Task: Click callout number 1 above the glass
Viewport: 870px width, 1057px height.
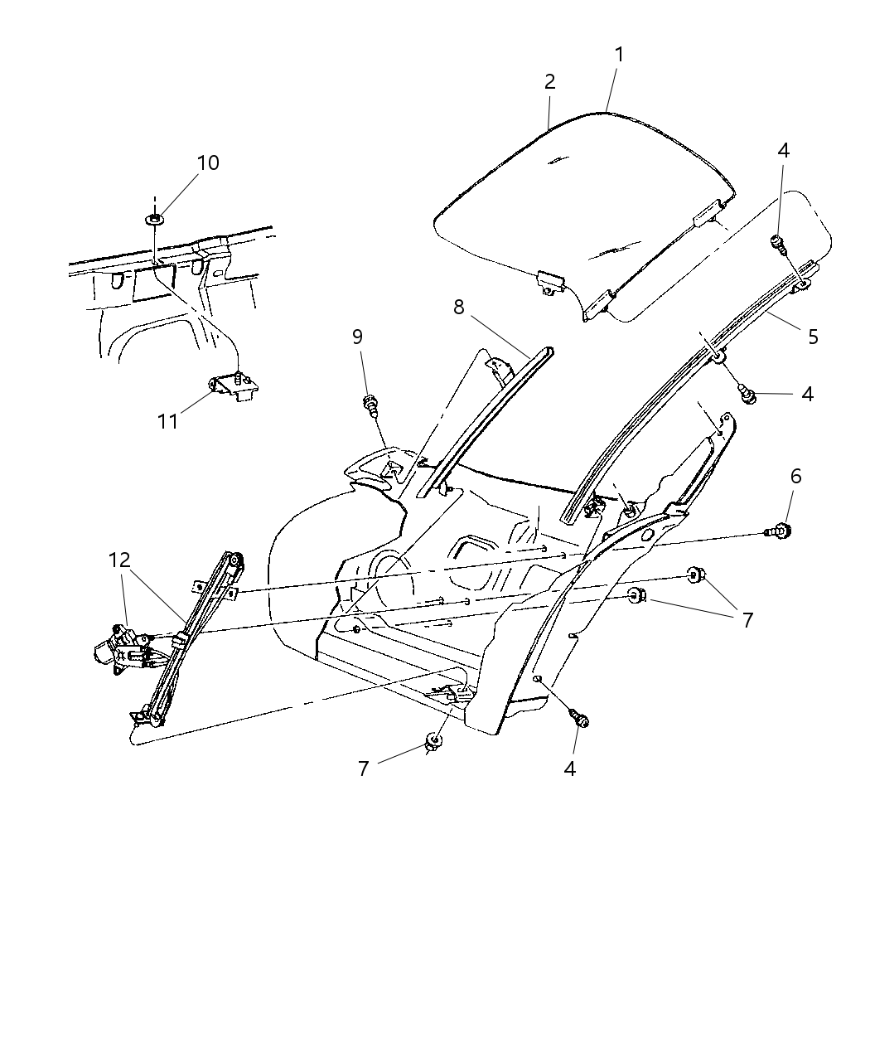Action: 619,55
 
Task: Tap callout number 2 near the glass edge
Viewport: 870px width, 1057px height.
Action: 549,82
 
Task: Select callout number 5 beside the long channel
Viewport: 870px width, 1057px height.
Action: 813,336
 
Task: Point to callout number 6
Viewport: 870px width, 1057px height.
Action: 795,476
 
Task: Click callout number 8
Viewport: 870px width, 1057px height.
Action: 458,307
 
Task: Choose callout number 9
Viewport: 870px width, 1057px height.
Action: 357,336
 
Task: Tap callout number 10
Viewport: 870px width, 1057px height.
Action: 208,162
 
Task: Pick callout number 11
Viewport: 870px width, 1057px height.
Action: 168,421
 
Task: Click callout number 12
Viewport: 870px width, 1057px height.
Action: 120,560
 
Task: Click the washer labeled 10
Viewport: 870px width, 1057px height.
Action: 155,220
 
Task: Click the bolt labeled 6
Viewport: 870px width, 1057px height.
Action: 779,530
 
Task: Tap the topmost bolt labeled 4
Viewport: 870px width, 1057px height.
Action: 778,242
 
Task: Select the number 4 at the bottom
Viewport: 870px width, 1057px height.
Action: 569,769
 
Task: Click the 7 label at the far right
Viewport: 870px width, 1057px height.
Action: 747,619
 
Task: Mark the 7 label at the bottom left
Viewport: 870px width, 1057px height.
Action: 362,769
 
